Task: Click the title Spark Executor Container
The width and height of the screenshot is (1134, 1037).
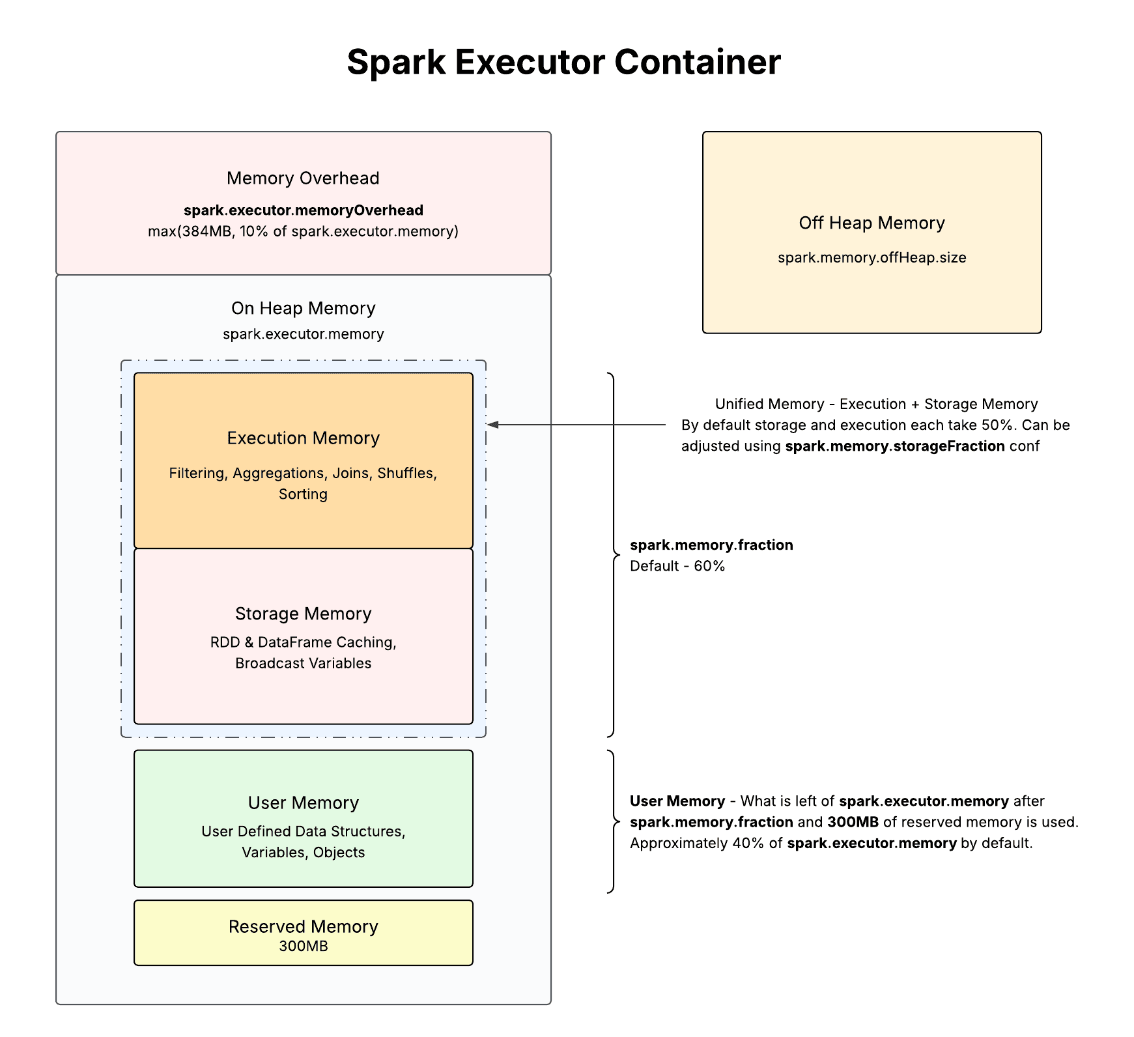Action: (x=563, y=63)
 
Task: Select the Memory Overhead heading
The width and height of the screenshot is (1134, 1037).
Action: (x=303, y=178)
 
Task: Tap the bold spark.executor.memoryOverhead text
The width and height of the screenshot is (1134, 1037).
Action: (x=303, y=210)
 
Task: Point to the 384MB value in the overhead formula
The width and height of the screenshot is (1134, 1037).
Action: (x=206, y=232)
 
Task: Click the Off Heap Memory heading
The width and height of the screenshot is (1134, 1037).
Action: (x=872, y=223)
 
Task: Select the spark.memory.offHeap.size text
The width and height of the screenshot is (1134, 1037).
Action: (x=872, y=258)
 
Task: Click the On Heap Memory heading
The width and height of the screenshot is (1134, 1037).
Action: (x=303, y=309)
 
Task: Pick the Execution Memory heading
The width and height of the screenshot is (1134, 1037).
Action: (x=303, y=438)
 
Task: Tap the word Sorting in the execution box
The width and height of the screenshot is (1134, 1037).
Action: (x=303, y=494)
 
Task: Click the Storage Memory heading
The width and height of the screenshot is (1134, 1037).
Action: (x=303, y=614)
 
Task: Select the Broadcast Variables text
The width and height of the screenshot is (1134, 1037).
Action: (x=303, y=664)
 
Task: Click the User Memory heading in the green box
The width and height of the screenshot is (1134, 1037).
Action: (x=303, y=803)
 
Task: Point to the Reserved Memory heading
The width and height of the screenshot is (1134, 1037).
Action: (x=303, y=927)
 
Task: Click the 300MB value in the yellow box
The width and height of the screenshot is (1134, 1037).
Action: (x=303, y=946)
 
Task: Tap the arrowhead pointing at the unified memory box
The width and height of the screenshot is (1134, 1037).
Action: (x=493, y=425)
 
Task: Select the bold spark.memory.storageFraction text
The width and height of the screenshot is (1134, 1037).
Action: (x=894, y=446)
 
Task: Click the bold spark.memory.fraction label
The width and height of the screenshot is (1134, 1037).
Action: (x=711, y=545)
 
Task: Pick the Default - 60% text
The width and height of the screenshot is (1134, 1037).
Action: (x=677, y=566)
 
